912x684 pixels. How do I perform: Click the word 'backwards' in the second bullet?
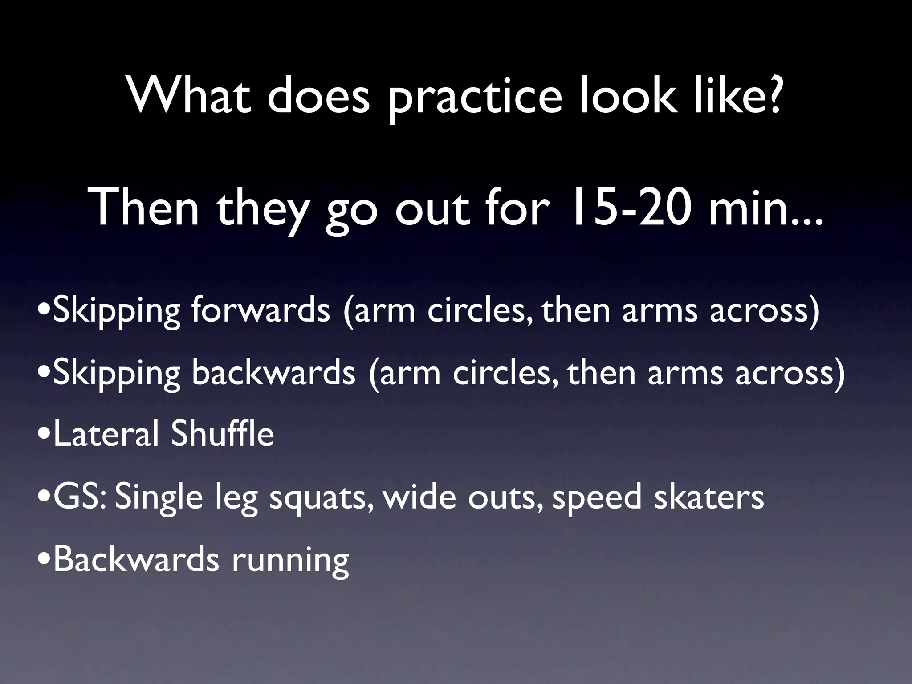tap(273, 373)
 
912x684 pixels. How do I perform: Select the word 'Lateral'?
tap(106, 434)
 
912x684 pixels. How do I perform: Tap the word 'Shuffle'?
tap(222, 434)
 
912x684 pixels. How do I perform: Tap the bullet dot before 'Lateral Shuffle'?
tap(44, 437)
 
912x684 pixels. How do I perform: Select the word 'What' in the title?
tap(189, 96)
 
